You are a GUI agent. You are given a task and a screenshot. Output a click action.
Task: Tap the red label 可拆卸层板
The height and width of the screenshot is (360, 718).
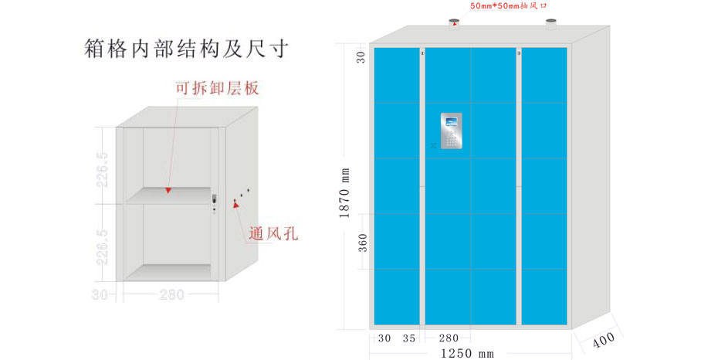(216, 89)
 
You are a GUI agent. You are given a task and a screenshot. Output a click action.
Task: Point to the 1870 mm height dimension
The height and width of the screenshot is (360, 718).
(346, 193)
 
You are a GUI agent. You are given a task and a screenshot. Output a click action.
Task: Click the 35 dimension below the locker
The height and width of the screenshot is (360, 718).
(409, 338)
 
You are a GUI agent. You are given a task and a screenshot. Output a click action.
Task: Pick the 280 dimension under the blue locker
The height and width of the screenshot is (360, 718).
(449, 338)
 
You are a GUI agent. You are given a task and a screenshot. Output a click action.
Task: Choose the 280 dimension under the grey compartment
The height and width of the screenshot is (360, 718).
(171, 294)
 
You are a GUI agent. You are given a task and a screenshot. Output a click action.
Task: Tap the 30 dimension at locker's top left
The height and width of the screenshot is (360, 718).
(361, 56)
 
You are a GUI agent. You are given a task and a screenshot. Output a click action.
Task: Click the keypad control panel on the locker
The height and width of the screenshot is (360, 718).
(452, 131)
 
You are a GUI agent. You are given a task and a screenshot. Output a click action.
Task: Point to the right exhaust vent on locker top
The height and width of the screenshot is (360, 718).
(551, 25)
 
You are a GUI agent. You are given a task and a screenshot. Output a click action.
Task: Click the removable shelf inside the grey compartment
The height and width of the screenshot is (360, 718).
(168, 195)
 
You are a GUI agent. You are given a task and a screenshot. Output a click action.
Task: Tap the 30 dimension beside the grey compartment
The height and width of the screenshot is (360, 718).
(100, 294)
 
